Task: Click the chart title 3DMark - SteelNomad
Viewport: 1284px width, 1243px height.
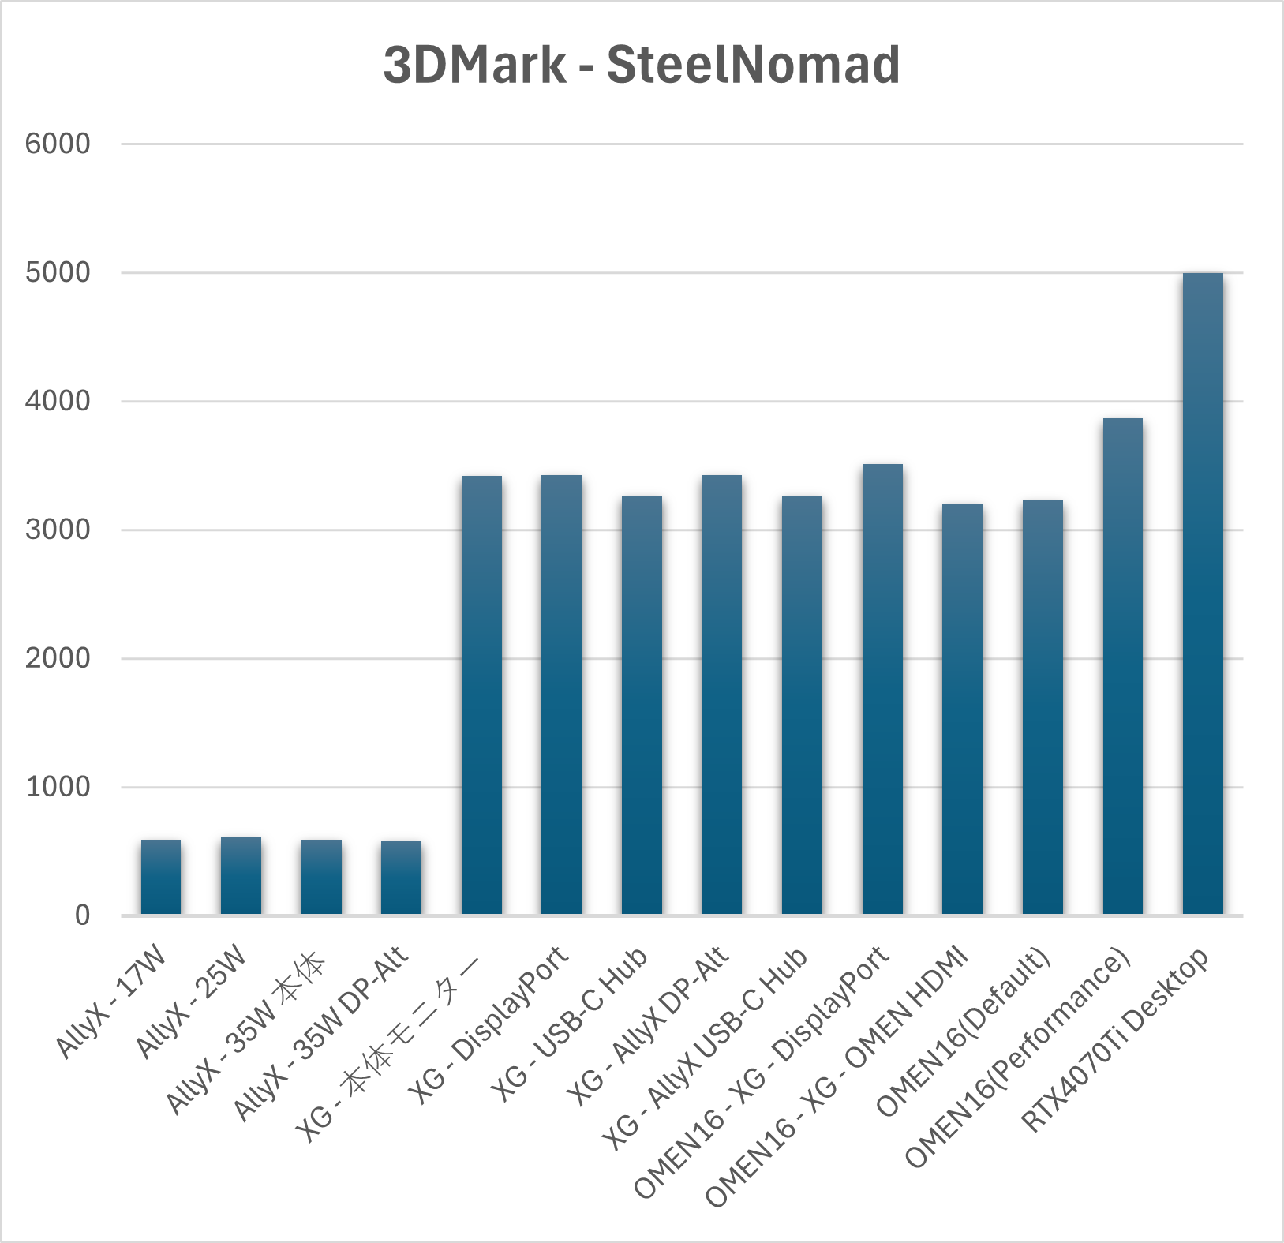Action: point(642,65)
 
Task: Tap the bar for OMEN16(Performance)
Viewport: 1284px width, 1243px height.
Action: point(1122,666)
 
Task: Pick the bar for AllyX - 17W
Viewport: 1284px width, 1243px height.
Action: point(161,877)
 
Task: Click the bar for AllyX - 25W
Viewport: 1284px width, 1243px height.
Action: point(241,876)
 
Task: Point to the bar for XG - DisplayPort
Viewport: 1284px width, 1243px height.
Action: point(561,695)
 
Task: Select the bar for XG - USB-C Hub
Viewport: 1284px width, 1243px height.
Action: point(642,705)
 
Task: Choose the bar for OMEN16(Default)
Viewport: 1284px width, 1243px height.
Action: point(1043,707)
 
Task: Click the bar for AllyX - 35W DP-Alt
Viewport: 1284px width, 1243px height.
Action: point(401,878)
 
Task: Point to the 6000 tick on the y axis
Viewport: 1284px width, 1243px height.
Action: point(58,144)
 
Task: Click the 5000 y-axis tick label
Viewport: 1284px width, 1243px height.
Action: point(58,272)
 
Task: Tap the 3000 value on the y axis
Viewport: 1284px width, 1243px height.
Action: point(58,530)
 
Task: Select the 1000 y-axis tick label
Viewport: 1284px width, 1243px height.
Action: point(58,787)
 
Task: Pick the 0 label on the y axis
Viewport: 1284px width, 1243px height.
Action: point(82,915)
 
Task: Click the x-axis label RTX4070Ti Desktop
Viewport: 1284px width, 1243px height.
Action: point(1114,1039)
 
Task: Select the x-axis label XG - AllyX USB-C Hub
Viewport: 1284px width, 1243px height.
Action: point(705,1050)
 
